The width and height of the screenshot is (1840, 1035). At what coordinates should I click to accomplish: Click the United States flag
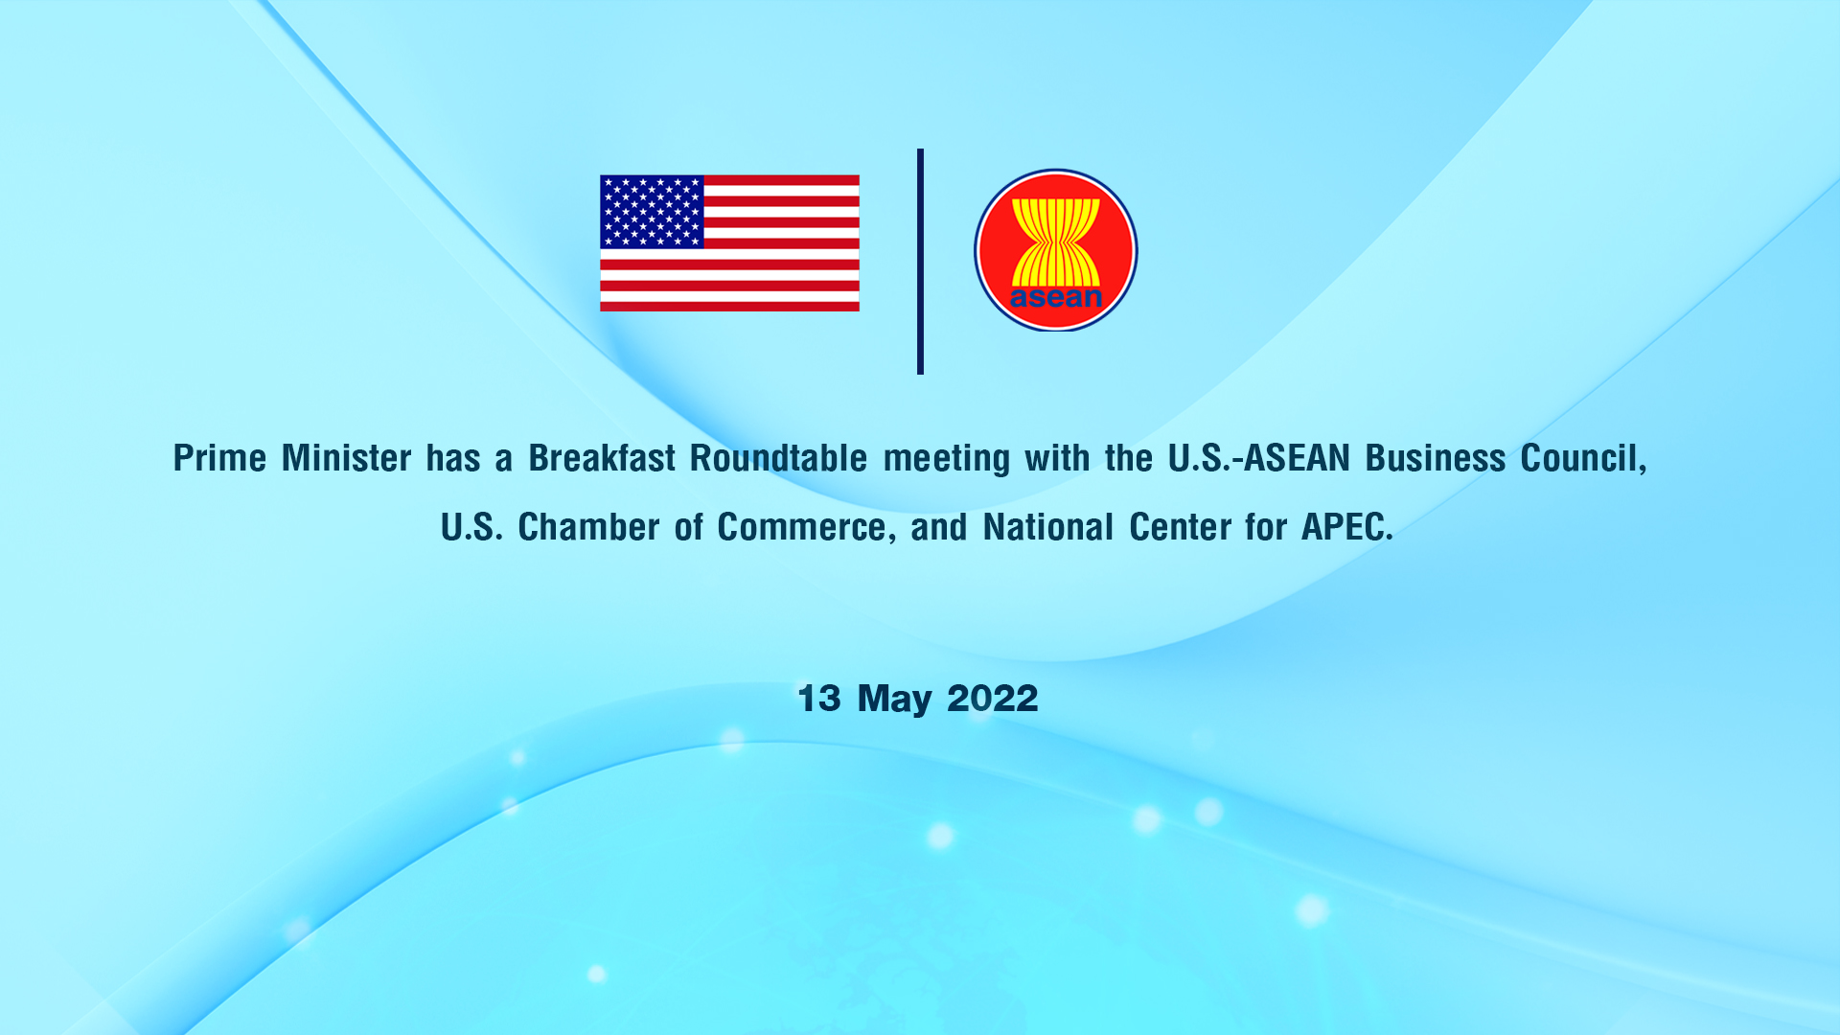click(729, 243)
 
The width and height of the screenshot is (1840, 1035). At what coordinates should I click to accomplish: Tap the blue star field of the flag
click(652, 212)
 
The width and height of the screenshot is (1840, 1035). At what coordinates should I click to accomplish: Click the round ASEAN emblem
click(1056, 250)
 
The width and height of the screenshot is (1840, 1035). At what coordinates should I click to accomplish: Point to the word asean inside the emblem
click(1056, 297)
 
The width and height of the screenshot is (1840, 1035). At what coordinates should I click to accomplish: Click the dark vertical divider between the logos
click(920, 262)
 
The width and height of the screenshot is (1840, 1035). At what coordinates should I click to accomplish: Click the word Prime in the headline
click(219, 458)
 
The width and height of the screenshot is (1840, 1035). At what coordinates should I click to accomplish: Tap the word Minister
click(347, 458)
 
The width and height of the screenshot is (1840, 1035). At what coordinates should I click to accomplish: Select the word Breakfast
click(602, 458)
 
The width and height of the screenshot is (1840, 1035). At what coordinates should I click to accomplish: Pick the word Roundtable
click(778, 458)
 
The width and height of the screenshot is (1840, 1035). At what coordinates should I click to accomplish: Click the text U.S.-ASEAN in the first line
click(1259, 458)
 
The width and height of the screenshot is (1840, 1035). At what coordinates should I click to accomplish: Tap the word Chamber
click(588, 527)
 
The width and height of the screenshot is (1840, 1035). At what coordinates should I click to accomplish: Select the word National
click(1048, 527)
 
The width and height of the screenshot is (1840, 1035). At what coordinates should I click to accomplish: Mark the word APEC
click(1346, 527)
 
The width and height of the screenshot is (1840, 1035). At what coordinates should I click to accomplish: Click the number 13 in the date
click(819, 698)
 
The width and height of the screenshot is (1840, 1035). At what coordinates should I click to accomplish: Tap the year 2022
click(993, 698)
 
